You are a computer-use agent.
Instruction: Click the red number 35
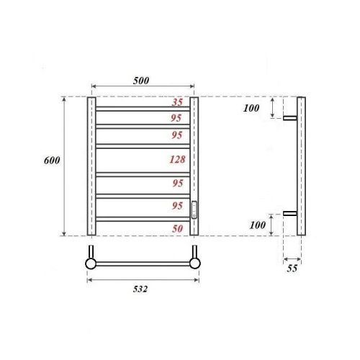pyautogui.click(x=176, y=102)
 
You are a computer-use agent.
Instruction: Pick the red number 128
pyautogui.click(x=176, y=160)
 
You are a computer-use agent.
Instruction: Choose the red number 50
pyautogui.click(x=176, y=228)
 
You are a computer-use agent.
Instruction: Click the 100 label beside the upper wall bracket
pyautogui.click(x=251, y=108)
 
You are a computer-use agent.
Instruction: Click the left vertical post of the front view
pyautogui.click(x=91, y=166)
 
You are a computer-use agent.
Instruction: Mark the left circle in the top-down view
pyautogui.click(x=91, y=264)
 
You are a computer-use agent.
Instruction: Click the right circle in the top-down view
pyautogui.click(x=194, y=264)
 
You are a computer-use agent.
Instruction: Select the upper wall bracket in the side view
pyautogui.click(x=291, y=117)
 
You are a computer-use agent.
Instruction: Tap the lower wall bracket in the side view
pyautogui.click(x=291, y=213)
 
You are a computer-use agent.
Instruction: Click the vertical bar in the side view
pyautogui.click(x=302, y=166)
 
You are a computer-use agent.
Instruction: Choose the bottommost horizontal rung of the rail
pyautogui.click(x=143, y=218)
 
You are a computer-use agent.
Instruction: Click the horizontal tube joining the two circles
pyautogui.click(x=143, y=264)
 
